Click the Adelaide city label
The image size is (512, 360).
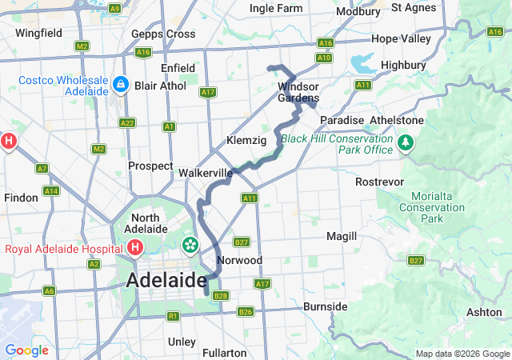(166, 281)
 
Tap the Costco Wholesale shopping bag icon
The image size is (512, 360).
(119, 84)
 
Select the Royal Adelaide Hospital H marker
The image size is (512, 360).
(135, 248)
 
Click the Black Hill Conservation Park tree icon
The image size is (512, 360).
(406, 143)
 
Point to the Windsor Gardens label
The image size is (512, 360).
(298, 92)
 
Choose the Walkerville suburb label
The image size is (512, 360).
(206, 173)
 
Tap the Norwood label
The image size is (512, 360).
(240, 261)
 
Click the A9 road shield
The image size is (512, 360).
(114, 8)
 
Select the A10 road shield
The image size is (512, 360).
(324, 58)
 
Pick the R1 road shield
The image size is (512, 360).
(173, 316)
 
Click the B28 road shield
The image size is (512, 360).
(222, 296)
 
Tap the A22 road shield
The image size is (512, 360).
(126, 122)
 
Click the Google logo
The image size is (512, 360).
(26, 350)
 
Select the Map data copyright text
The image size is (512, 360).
(461, 354)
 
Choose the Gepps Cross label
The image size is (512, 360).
(163, 34)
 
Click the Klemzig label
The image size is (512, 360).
(246, 140)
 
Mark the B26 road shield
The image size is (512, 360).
(246, 311)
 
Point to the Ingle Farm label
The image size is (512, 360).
(276, 8)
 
